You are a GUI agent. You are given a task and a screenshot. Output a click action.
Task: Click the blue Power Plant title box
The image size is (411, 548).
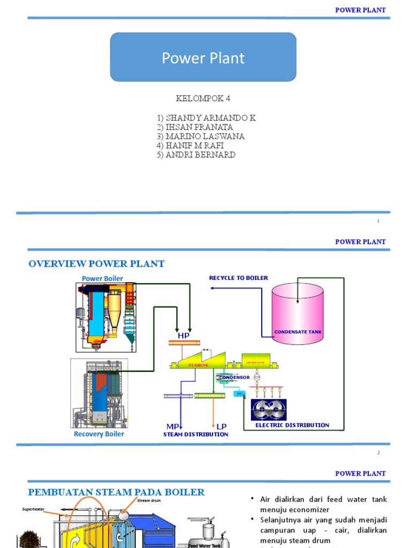(x=203, y=57)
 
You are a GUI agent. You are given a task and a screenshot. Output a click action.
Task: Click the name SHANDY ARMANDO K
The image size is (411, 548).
(x=206, y=118)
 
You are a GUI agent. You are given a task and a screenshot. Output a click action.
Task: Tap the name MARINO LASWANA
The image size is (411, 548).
(x=201, y=136)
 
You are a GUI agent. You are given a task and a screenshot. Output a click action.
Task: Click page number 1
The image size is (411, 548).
(x=378, y=221)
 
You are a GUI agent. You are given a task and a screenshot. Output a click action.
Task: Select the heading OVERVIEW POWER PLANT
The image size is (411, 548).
(x=96, y=263)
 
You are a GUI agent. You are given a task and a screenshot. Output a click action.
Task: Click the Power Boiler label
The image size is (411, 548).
(x=102, y=278)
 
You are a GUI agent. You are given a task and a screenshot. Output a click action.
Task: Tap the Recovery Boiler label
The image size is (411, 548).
(x=98, y=434)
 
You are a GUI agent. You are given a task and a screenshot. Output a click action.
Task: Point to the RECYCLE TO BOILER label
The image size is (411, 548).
(x=238, y=278)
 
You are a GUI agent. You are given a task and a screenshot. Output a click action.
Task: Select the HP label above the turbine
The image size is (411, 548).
(x=184, y=335)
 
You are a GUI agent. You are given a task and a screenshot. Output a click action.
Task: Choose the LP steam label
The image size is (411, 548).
(x=221, y=426)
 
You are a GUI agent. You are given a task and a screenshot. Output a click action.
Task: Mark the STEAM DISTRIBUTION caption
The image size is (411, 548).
(x=195, y=435)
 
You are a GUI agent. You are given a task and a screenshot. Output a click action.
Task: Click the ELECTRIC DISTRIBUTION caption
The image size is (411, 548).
(x=292, y=425)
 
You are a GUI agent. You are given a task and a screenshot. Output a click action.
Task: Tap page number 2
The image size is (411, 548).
(x=378, y=453)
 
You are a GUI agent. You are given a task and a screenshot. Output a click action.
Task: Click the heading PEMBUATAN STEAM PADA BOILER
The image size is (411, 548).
(x=116, y=492)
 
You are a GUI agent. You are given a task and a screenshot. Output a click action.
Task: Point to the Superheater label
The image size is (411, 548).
(x=36, y=509)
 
